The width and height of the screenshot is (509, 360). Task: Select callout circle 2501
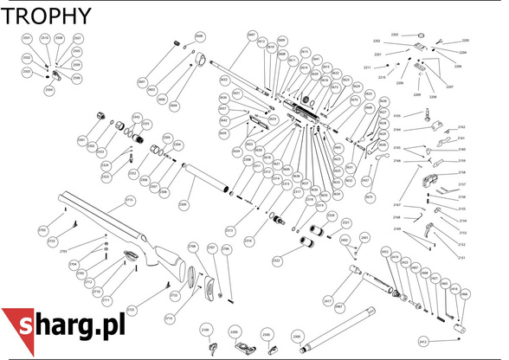[26, 39]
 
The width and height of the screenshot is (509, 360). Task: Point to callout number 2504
[48, 89]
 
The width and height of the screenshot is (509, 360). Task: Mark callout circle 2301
[81, 139]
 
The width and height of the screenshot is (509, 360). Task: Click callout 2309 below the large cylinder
[183, 205]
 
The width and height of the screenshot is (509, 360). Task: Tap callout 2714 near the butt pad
[169, 318]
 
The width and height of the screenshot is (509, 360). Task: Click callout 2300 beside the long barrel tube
[296, 336]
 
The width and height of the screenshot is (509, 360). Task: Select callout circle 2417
[328, 299]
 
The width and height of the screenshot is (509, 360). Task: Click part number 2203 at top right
[395, 35]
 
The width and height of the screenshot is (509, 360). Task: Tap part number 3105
[397, 115]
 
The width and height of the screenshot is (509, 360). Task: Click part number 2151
[461, 258]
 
